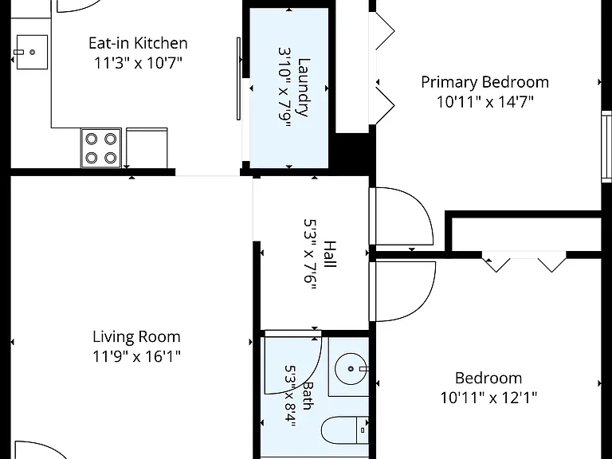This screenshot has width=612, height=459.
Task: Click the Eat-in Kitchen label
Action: click(138, 43)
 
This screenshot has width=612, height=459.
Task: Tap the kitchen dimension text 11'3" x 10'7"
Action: click(138, 62)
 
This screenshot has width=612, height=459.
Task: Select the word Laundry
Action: click(304, 88)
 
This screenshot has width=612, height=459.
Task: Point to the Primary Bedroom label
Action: click(484, 82)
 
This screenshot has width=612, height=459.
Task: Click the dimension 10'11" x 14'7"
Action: click(484, 102)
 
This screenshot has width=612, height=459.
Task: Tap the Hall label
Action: click(330, 254)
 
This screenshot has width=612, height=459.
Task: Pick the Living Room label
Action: click(136, 336)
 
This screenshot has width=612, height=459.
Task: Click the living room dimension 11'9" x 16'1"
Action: click(136, 356)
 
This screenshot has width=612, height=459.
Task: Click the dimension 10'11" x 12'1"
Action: click(488, 398)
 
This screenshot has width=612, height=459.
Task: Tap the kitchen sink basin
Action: click(32, 52)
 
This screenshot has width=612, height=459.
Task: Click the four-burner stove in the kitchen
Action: click(101, 148)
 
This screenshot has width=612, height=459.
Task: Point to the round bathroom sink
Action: click(351, 368)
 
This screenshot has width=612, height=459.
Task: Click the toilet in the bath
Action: click(345, 430)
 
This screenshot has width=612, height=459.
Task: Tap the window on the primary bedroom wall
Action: click(606, 147)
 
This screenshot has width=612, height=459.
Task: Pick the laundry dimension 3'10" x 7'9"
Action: click(284, 88)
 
